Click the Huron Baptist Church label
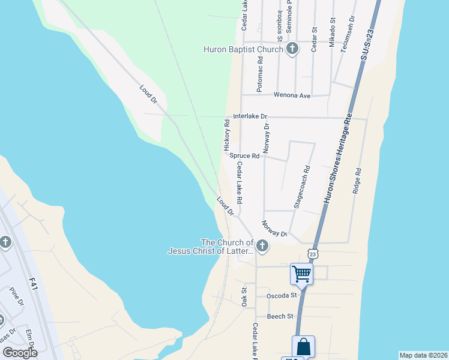click(243, 49)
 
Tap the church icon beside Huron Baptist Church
click(292, 49)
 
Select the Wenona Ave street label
click(292, 95)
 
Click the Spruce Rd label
click(244, 155)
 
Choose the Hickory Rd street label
click(227, 135)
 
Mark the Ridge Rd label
click(358, 179)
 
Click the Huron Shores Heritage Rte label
click(338, 159)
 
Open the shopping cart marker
click(301, 274)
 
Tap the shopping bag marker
click(303, 346)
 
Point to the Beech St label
click(281, 316)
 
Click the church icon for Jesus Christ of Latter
click(262, 245)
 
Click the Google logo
click(20, 352)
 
